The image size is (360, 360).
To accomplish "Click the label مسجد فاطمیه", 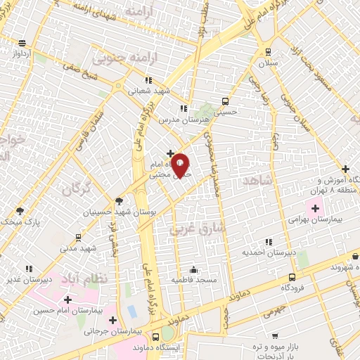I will point(192,280).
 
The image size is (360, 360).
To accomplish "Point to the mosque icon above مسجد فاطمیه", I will point(193,269).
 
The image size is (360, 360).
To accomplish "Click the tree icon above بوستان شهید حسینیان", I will point(119,200).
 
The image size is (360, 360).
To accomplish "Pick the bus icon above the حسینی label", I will point(225,101).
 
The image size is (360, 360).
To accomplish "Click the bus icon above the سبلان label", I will point(267,51).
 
